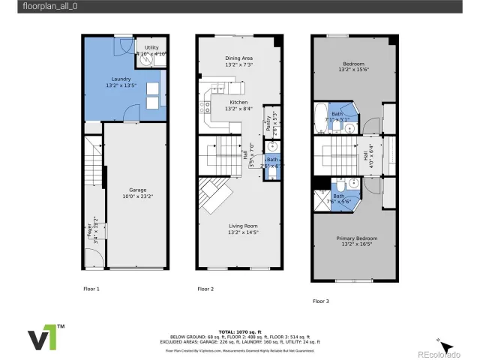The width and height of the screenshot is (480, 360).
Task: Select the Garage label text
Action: [x=136, y=193]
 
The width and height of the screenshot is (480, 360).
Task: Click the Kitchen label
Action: [x=238, y=105]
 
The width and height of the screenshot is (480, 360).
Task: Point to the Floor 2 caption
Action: [x=205, y=289]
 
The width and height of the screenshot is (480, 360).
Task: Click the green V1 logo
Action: [x=47, y=337]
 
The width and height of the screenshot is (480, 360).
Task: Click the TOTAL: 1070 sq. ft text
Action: [x=240, y=331]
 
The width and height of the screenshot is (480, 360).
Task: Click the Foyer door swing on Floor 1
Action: [x=92, y=260]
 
